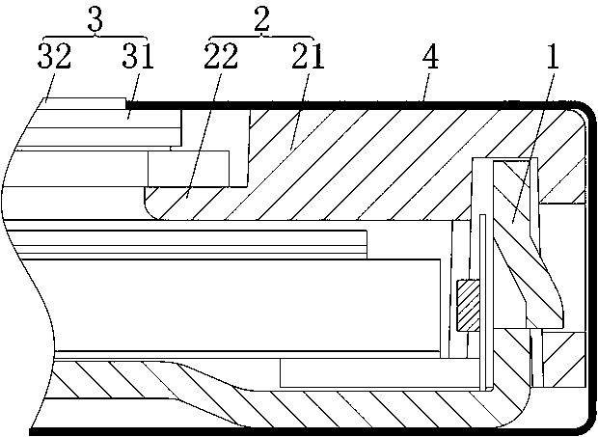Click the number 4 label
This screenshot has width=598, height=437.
429,58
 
